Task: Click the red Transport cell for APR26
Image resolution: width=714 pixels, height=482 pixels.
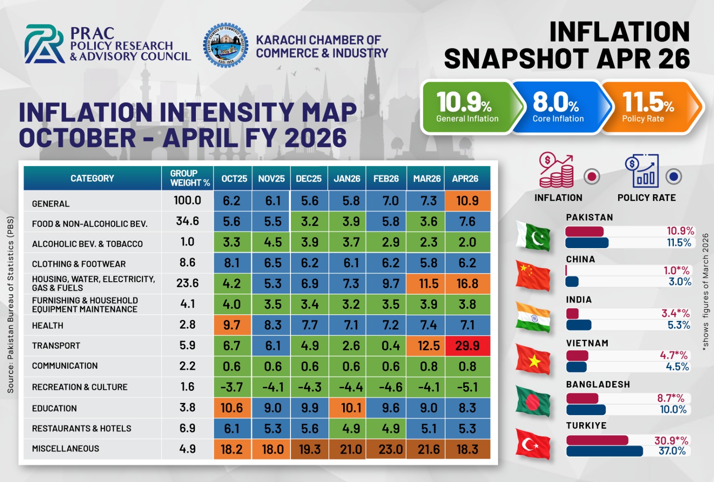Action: (467, 345)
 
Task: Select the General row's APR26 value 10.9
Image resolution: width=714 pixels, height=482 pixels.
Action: (467, 201)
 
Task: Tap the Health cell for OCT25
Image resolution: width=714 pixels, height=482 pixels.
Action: (232, 325)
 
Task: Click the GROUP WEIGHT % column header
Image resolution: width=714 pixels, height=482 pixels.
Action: (187, 178)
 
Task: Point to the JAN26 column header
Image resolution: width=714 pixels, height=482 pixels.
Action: (347, 178)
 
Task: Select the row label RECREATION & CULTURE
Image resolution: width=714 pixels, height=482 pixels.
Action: (80, 387)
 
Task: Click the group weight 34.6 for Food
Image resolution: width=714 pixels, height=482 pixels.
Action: (187, 221)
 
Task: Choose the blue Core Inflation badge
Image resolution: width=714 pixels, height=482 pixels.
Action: (560, 107)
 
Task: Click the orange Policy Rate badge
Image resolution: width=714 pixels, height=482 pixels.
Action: (650, 107)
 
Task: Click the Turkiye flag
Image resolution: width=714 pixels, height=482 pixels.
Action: (533, 444)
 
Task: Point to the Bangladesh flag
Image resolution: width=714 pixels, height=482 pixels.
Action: (533, 401)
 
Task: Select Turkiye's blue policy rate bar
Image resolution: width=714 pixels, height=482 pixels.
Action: (604, 451)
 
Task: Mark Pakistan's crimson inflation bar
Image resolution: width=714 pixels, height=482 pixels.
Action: (585, 231)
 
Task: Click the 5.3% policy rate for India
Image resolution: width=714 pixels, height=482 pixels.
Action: (679, 325)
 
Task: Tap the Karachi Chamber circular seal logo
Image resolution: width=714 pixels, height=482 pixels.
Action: (226, 45)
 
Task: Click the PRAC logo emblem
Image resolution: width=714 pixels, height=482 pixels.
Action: (45, 44)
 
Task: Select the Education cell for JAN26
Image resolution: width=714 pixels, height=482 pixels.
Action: (347, 408)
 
